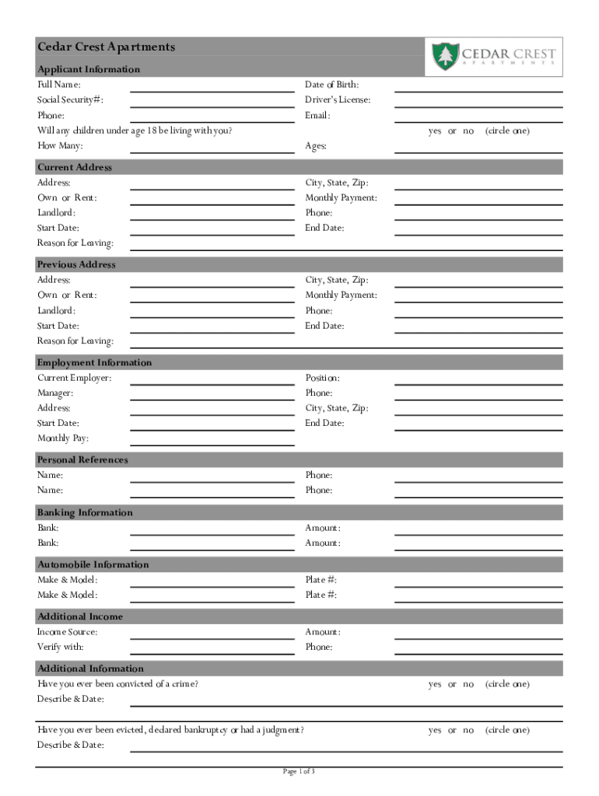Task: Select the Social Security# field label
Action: [x=71, y=100]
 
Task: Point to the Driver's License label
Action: [x=338, y=100]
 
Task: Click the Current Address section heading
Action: [x=75, y=167]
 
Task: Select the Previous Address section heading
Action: [x=76, y=264]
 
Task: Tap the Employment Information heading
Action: [x=94, y=363]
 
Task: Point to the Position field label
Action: [x=322, y=379]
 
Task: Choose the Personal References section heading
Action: [x=82, y=460]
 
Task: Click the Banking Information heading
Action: [x=85, y=513]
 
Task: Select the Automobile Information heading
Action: [x=93, y=565]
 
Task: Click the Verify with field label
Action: [x=61, y=648]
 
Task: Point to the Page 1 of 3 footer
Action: [x=299, y=772]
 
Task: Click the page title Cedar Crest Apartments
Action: [x=107, y=47]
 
